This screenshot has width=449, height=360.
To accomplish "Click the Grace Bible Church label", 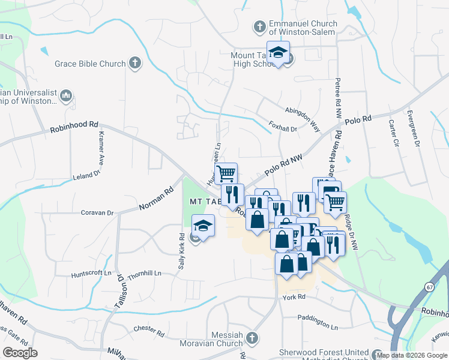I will click(x=90, y=64).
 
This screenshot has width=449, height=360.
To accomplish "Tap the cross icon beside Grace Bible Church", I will click(x=136, y=62).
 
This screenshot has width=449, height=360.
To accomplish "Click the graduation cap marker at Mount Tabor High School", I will click(x=278, y=53).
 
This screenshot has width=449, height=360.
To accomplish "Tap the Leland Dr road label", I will click(x=86, y=175).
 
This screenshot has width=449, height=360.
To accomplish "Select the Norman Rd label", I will click(x=155, y=199).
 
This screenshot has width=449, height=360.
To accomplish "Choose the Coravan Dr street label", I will click(x=97, y=212).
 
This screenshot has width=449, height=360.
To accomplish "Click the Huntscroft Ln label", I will click(x=91, y=274).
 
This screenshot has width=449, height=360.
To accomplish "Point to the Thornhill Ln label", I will click(x=144, y=273).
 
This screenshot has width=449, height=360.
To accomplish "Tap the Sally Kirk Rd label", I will click(x=181, y=251).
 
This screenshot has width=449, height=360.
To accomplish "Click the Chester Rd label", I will click(x=149, y=329).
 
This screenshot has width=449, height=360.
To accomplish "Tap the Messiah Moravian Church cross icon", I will click(x=252, y=337).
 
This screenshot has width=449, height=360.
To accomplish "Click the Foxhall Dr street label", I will click(x=283, y=127).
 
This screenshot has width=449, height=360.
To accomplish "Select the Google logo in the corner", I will click(x=19, y=352).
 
